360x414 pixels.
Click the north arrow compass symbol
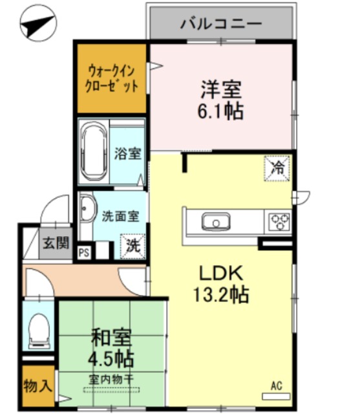[38, 23]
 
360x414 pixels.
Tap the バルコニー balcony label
[221, 24]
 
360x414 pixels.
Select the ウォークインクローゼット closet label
[112, 79]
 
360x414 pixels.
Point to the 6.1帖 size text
[220, 111]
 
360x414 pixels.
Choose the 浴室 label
[128, 154]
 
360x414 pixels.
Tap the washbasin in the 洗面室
[87, 208]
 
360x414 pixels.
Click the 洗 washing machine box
[132, 246]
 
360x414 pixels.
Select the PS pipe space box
[84, 253]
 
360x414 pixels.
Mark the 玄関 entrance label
[56, 243]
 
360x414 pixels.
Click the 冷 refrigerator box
[277, 168]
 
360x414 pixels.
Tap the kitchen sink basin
[216, 222]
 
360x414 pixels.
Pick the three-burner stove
[279, 222]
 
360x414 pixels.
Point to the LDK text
[221, 273]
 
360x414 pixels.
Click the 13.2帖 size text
[221, 294]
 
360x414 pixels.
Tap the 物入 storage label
[37, 386]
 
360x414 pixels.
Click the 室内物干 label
[111, 380]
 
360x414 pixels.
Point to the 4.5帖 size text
[111, 358]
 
